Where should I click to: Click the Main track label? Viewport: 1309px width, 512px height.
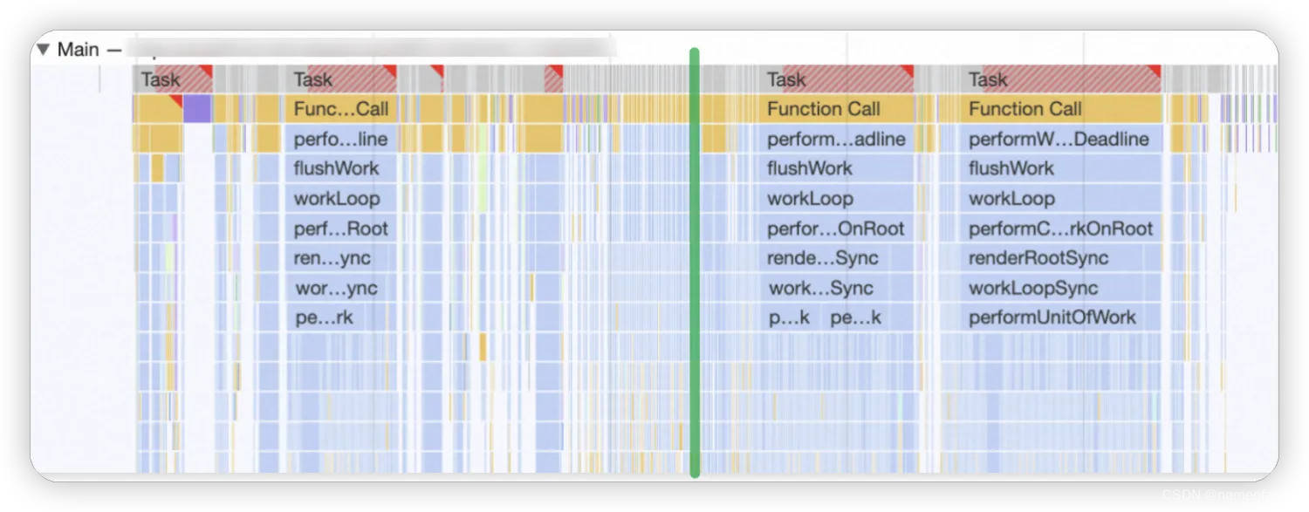tap(78, 50)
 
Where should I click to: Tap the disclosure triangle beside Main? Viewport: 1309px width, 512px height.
tap(43, 50)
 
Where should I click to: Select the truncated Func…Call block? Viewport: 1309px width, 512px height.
tap(340, 109)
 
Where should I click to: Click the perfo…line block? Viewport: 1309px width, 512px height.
tap(340, 139)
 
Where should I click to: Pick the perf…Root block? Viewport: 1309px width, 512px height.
tap(340, 229)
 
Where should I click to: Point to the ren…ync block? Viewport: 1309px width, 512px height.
tap(340, 258)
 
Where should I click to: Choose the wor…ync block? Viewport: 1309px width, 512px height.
tap(340, 288)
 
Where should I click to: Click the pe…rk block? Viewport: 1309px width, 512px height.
tap(340, 317)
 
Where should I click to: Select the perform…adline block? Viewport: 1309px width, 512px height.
tap(836, 139)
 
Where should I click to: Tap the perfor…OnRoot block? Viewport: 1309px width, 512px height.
tap(836, 229)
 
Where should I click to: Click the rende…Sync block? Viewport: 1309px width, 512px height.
tap(836, 258)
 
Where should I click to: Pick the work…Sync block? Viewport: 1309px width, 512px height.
tap(836, 288)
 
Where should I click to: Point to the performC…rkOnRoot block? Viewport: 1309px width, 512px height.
tap(1060, 229)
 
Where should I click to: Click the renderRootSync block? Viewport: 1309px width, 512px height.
tap(1038, 258)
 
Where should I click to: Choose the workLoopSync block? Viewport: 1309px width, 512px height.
tap(1033, 288)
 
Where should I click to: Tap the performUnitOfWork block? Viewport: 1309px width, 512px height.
tap(1052, 317)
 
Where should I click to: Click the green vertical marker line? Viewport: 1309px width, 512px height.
tap(695, 262)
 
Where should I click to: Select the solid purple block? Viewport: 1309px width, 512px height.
tap(197, 109)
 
